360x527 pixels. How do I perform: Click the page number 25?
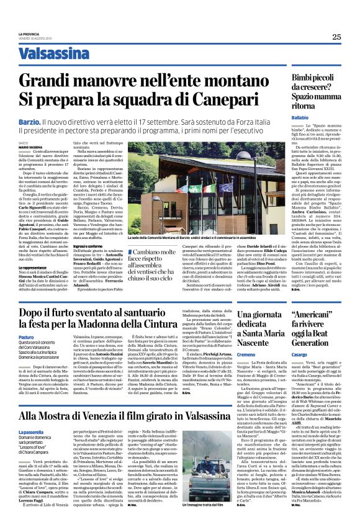pyautogui.click(x=336, y=37)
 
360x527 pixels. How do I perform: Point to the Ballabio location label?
pyautogui.click(x=300, y=117)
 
